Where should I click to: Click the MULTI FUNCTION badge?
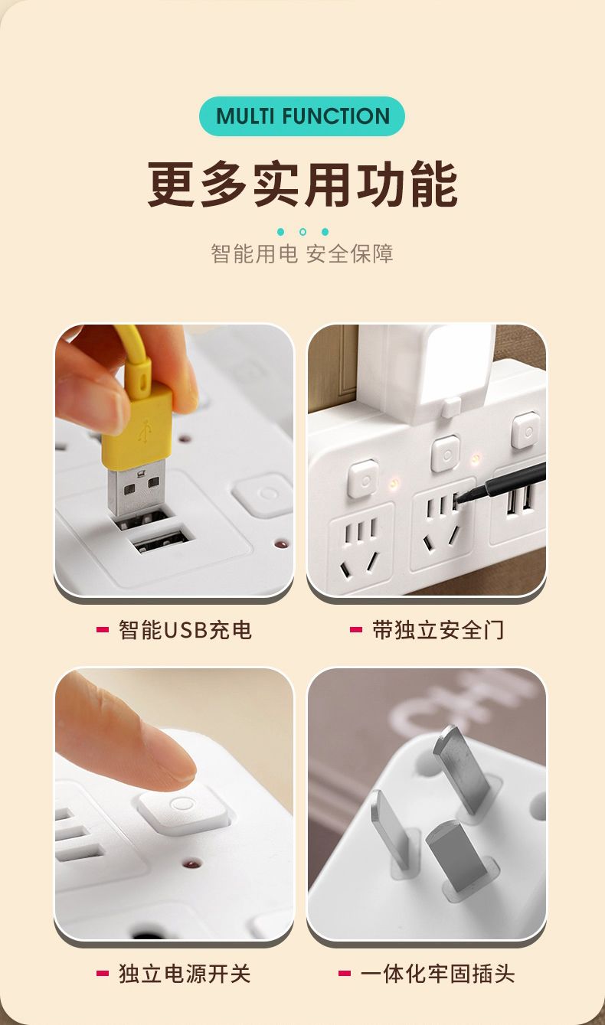coord(302,116)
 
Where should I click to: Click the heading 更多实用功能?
coord(302,184)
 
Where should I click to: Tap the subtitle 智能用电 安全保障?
coord(302,253)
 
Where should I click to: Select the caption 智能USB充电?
coord(185,630)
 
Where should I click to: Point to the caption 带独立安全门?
coord(438,630)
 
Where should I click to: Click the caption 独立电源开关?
coord(185,973)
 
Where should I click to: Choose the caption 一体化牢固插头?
coord(437,973)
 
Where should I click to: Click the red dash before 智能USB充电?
coord(103,630)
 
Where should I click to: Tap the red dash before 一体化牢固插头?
coord(345,973)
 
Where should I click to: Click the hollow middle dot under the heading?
coord(302,232)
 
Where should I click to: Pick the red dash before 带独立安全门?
coord(355,630)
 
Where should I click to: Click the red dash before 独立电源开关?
coord(103,973)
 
